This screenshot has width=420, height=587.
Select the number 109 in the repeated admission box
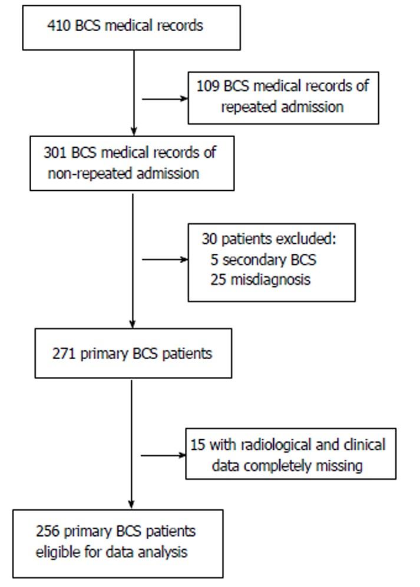[209, 86]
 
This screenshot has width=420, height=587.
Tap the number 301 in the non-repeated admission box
[55, 152]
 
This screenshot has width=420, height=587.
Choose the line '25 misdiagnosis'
[260, 279]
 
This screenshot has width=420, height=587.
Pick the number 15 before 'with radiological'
[196, 445]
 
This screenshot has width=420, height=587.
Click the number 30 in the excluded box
[209, 240]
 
